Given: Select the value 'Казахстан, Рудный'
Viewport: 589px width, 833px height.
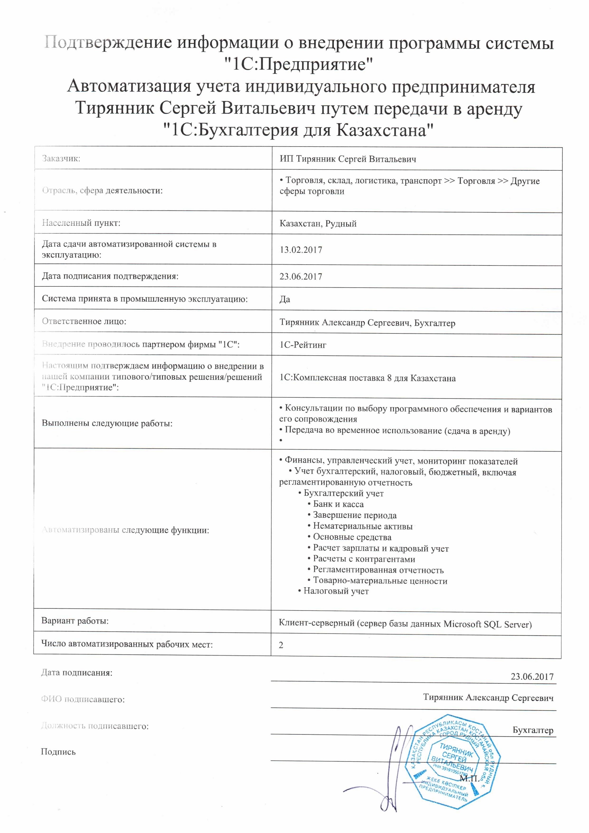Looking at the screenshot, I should [318, 223].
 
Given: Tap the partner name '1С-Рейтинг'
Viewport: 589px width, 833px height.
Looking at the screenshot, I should [303, 345].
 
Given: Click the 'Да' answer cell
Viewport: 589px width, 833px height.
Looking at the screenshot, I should [284, 299].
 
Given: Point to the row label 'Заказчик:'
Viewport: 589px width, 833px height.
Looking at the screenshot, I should [61, 159].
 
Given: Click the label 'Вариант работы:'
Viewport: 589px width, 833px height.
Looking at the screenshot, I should [75, 621].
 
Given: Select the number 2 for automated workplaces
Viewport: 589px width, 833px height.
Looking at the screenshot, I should [281, 645].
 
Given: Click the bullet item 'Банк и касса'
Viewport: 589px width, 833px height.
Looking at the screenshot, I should [338, 504].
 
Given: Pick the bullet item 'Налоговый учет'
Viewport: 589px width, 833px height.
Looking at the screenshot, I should [336, 591].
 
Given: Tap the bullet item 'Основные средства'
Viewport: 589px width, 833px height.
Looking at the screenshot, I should [352, 537].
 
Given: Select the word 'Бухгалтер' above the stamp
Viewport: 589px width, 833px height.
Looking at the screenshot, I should [533, 730].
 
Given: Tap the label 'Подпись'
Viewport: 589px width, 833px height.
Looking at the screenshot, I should [58, 752].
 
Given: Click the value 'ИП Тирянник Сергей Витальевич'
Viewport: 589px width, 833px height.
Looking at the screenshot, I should [348, 159].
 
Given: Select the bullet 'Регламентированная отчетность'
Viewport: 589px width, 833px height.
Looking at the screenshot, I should [378, 570].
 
